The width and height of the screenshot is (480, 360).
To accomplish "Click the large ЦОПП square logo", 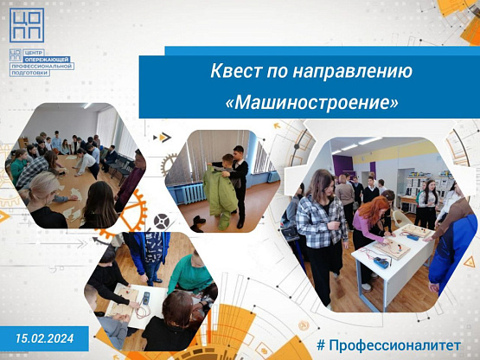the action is [x=27, y=25].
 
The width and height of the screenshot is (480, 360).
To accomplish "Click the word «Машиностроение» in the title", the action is [x=312, y=102].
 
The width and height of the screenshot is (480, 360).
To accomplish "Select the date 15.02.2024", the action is [x=45, y=338].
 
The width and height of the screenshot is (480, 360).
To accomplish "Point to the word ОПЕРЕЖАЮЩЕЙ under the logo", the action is [x=48, y=60].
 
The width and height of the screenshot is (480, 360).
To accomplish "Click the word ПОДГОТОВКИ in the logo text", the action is [x=30, y=73].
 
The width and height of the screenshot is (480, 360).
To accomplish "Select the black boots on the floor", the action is [x=198, y=223].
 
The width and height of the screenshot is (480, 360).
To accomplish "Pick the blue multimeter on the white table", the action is [x=381, y=262].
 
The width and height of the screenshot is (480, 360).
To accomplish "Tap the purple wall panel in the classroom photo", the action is [x=342, y=164].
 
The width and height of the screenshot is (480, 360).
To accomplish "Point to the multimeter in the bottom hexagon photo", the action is [x=146, y=298].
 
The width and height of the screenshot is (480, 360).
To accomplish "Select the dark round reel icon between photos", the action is [x=162, y=222].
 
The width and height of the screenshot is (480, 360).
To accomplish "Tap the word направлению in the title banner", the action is [x=353, y=71].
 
